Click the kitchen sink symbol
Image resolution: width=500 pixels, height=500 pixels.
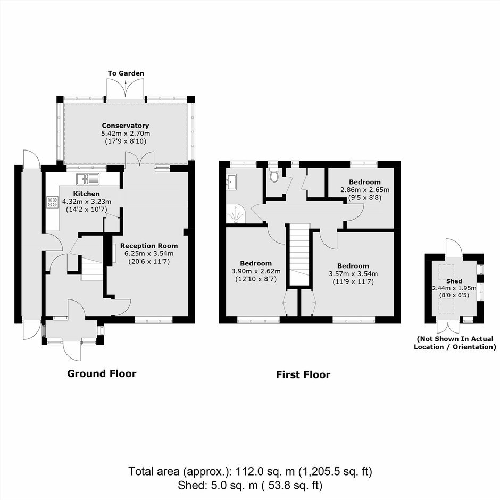[x=88, y=179]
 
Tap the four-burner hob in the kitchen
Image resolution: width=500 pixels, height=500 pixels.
[x=53, y=202]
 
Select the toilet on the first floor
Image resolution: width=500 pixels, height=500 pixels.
[x=274, y=173]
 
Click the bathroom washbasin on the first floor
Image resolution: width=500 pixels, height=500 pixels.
[x=231, y=182]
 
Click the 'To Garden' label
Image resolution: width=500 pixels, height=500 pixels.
[x=126, y=73]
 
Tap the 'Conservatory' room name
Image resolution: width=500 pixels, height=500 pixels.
[x=126, y=126]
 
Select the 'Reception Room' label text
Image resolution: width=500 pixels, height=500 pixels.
[x=149, y=246]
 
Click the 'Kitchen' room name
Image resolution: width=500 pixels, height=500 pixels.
[x=86, y=194]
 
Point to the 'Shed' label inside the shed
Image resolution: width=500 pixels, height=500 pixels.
[x=454, y=281]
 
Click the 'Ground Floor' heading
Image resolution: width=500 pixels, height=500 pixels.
[x=102, y=373]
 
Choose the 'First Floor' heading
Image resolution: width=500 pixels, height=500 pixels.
[x=303, y=374]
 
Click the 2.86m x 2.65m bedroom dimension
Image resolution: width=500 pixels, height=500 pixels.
[x=365, y=190]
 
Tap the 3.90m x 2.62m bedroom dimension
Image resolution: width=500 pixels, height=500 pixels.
[x=256, y=271]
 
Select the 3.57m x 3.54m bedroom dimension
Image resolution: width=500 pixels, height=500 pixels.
[x=353, y=273]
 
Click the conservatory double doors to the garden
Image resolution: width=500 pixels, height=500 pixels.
[x=126, y=89]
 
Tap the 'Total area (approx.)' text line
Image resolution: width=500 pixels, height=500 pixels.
[x=251, y=471]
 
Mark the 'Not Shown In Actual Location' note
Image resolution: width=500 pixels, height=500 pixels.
[x=455, y=343]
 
